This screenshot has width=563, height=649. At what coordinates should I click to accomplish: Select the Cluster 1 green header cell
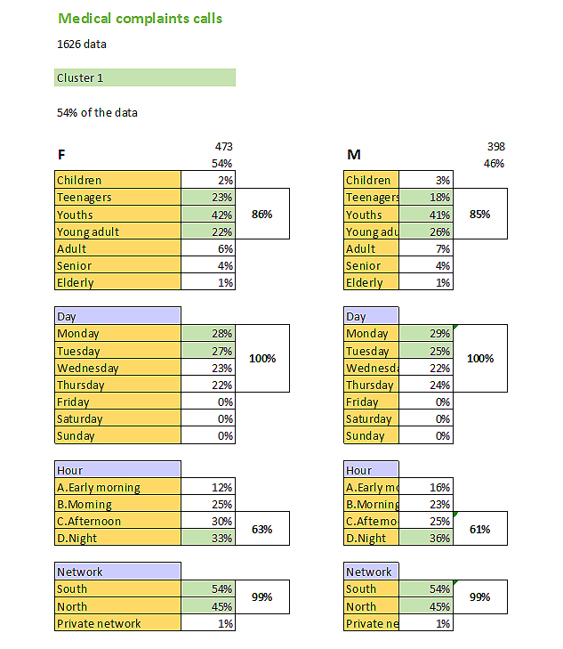(x=144, y=77)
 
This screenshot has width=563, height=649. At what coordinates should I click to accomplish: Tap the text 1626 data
(x=82, y=44)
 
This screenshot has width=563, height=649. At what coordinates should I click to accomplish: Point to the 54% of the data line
(x=96, y=113)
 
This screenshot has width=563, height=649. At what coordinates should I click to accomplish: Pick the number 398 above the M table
(x=495, y=146)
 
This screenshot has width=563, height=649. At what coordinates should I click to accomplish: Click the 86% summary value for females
(x=261, y=215)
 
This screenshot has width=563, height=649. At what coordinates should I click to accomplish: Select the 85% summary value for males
(x=479, y=215)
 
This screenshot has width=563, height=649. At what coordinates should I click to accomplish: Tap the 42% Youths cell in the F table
(x=208, y=215)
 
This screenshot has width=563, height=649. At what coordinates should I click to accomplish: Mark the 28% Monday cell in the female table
(x=208, y=334)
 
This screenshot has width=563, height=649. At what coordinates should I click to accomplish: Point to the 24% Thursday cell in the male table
(x=426, y=385)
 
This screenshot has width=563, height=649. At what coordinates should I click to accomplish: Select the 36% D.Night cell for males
(x=426, y=539)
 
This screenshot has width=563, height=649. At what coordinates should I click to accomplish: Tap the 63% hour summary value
(x=261, y=530)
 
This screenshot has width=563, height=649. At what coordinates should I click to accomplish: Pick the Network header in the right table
(x=369, y=572)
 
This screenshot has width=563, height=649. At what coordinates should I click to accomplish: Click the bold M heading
(x=354, y=155)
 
